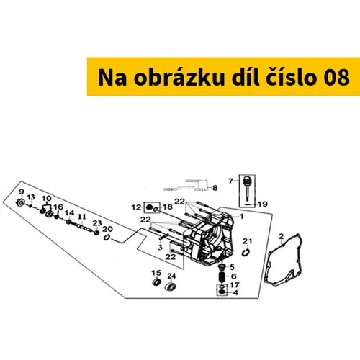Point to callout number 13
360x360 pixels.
pyautogui.click(x=32, y=197)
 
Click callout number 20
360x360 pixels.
pyautogui.click(x=108, y=229)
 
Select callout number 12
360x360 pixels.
pyautogui.click(x=135, y=207)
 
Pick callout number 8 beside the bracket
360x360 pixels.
pyautogui.click(x=215, y=187)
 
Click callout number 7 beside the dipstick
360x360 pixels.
pyautogui.click(x=230, y=180)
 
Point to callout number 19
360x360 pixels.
pyautogui.click(x=262, y=204)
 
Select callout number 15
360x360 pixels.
pyautogui.click(x=155, y=274)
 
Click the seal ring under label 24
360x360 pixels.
pyautogui.click(x=171, y=288)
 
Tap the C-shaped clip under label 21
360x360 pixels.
pyautogui.click(x=246, y=251)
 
